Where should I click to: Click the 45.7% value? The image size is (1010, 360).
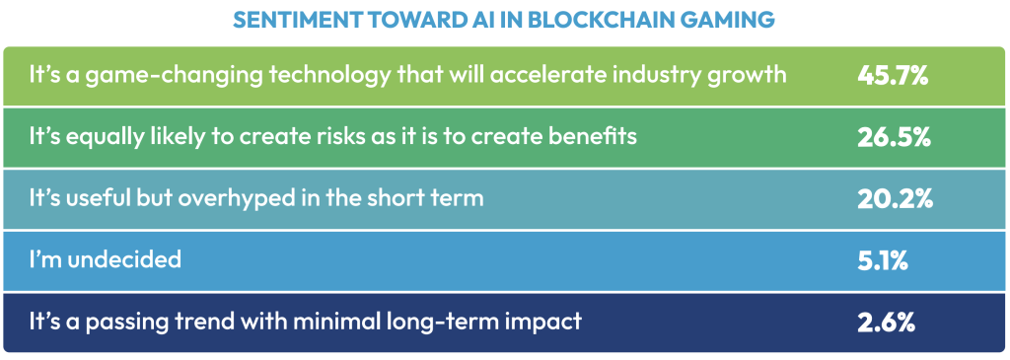[x=893, y=76]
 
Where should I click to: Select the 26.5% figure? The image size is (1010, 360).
[x=894, y=137]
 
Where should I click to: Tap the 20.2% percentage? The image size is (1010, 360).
[x=895, y=199]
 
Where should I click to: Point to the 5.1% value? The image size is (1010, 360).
[x=883, y=260]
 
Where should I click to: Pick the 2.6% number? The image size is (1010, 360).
[x=887, y=322]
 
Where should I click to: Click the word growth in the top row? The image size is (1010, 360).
[x=750, y=77]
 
